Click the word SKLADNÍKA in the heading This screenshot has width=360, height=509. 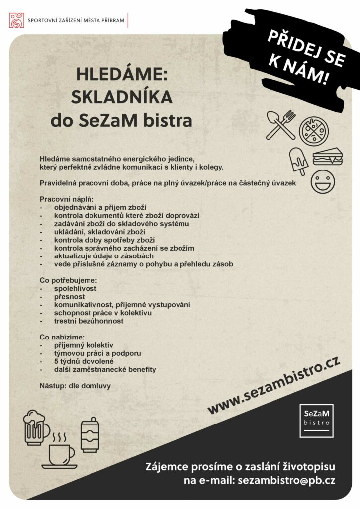coord(122,97)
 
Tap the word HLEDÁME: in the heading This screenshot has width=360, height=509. coord(122,75)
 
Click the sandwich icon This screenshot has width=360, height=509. coord(327,157)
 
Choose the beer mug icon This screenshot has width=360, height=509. coord(36,427)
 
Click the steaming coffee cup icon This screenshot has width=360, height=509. coord(60,451)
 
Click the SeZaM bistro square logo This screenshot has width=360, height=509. coord(317,421)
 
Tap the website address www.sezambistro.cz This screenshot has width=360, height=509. coord(273,386)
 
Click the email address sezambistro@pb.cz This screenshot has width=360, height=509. coord(286,481)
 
